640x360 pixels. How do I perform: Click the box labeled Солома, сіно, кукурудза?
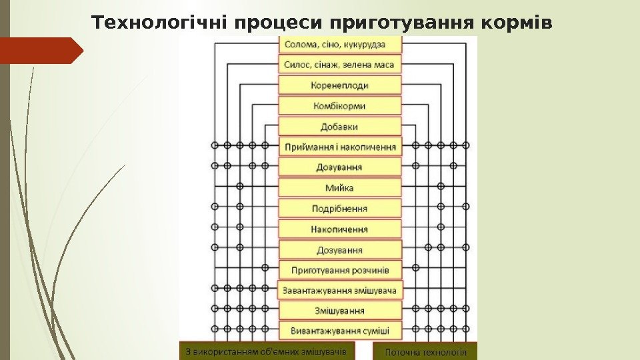coord(340,45)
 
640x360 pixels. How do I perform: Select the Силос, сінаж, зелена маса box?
coord(340,65)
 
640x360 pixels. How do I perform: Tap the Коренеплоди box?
coord(340,85)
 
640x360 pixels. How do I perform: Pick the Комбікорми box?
coord(340,106)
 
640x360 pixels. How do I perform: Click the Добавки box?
coord(340,127)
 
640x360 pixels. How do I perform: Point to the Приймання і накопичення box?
coord(340,147)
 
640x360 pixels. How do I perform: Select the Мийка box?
coord(340,188)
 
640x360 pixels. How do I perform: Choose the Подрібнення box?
coord(340,209)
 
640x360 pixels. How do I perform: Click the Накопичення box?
coord(340,229)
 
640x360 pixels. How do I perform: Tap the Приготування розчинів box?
coord(340,270)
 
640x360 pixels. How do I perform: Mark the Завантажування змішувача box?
coord(340,291)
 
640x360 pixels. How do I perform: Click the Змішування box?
coord(340,311)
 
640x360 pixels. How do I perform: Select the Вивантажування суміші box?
coord(340,331)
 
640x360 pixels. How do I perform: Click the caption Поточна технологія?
coord(425,351)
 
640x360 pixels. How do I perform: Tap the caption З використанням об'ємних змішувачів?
coord(266,351)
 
